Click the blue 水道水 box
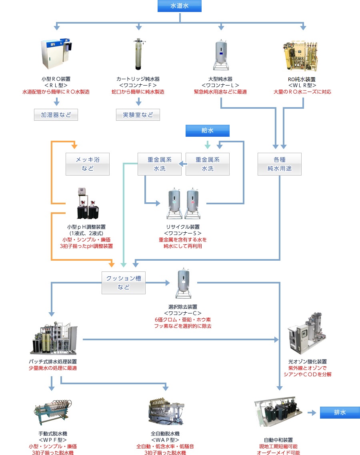click(180, 6)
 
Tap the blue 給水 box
click(208, 131)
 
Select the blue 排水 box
click(340, 412)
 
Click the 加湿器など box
click(56, 115)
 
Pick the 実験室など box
click(138, 115)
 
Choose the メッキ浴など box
click(88, 164)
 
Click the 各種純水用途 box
click(280, 164)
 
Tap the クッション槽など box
click(124, 283)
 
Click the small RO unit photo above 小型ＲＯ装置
click(56, 54)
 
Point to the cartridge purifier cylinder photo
click(138, 54)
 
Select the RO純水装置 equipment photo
click(300, 56)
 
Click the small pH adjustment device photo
click(88, 203)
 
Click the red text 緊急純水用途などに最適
click(220, 92)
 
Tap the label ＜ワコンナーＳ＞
click(183, 233)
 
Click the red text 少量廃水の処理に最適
click(53, 368)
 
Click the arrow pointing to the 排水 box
click(312, 413)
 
